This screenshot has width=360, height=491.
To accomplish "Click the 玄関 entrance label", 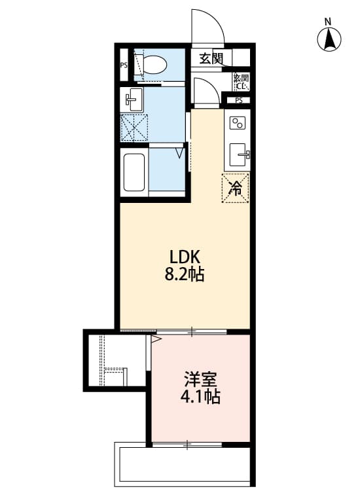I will [211, 58].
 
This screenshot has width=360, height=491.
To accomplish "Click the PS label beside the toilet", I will [124, 65].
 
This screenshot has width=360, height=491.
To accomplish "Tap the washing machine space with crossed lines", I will [135, 128].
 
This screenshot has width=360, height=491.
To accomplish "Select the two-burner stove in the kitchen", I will [237, 122].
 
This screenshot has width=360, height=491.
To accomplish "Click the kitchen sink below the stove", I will [239, 155].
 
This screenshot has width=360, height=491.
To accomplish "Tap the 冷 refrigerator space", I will [237, 189].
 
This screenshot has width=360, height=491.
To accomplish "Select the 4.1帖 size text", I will [201, 396].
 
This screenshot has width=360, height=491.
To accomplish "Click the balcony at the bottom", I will [183, 465].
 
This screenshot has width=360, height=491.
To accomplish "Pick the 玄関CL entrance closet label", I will [241, 81].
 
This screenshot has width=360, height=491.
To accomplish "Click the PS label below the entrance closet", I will [238, 100].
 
